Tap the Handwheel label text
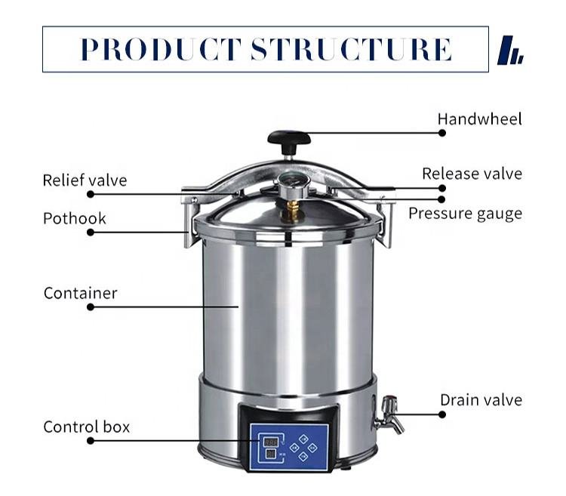click(x=479, y=119)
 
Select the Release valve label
click(x=472, y=174)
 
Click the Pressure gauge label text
click(x=465, y=214)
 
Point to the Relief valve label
click(x=85, y=180)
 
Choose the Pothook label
click(x=75, y=218)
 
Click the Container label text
click(x=81, y=293)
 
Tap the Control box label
click(x=86, y=427)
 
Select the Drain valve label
click(x=481, y=400)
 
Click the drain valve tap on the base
click(x=389, y=415)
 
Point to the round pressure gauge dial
click(x=293, y=182)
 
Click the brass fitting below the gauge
click(x=292, y=210)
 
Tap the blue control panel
click(x=289, y=446)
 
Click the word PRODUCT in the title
click(x=161, y=49)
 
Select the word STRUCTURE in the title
click(x=351, y=49)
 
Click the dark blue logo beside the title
click(x=510, y=50)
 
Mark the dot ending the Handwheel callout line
click(x=441, y=133)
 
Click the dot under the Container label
click(x=91, y=307)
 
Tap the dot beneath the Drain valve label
click(x=441, y=414)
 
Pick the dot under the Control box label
click(x=91, y=441)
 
